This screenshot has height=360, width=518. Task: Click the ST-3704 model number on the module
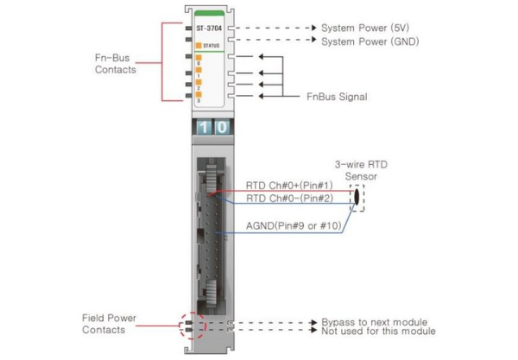click(209, 28)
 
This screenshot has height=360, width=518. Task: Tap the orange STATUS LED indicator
click(199, 43)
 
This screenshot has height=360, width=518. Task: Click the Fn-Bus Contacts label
click(116, 63)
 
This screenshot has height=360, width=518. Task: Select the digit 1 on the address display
click(199, 127)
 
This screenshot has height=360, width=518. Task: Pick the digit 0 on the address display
click(221, 127)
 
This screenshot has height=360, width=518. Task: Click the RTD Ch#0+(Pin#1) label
click(281, 186)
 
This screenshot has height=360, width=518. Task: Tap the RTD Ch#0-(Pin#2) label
click(281, 199)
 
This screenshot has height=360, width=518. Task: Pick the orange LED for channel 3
click(199, 96)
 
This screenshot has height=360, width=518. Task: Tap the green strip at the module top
click(210, 12)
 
